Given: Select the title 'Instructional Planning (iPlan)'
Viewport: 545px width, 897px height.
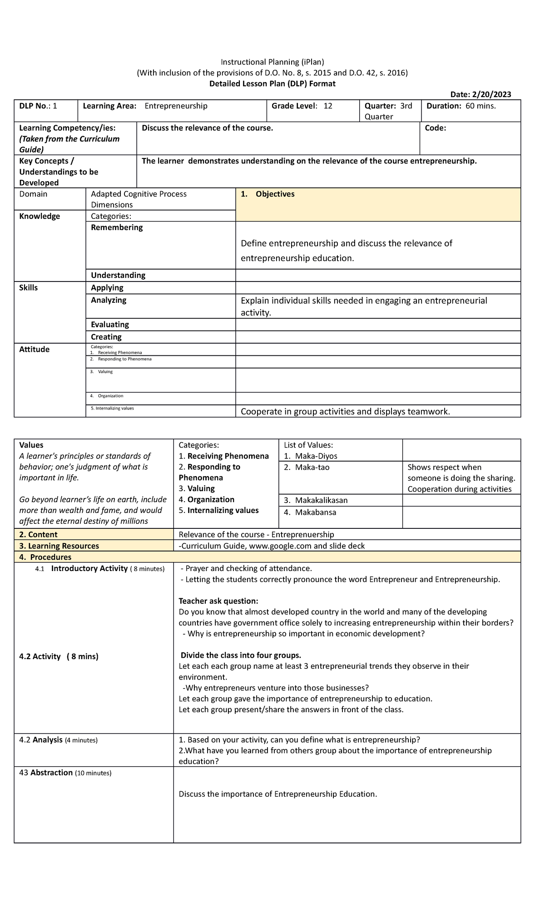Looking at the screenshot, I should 272,62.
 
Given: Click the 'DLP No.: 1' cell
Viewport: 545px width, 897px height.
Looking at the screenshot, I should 38,106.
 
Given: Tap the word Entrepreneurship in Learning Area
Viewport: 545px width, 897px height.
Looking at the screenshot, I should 176,106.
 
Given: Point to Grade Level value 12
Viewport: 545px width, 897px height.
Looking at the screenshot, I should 327,106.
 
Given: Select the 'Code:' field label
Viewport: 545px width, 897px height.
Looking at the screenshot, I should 435,128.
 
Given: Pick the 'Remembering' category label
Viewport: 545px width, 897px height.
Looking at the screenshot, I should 117,227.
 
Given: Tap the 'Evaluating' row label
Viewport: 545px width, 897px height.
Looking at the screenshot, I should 110,325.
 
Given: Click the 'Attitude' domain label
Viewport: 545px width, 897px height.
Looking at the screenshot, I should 34,350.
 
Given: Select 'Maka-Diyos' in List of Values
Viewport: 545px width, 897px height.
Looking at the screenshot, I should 316,456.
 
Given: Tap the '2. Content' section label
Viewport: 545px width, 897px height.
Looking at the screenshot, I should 38,535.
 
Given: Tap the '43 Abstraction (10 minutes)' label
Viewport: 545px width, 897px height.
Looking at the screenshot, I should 65,773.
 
